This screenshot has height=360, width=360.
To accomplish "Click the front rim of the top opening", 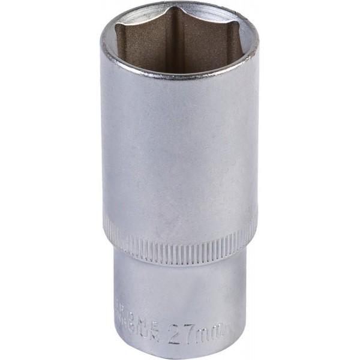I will (180, 78).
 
